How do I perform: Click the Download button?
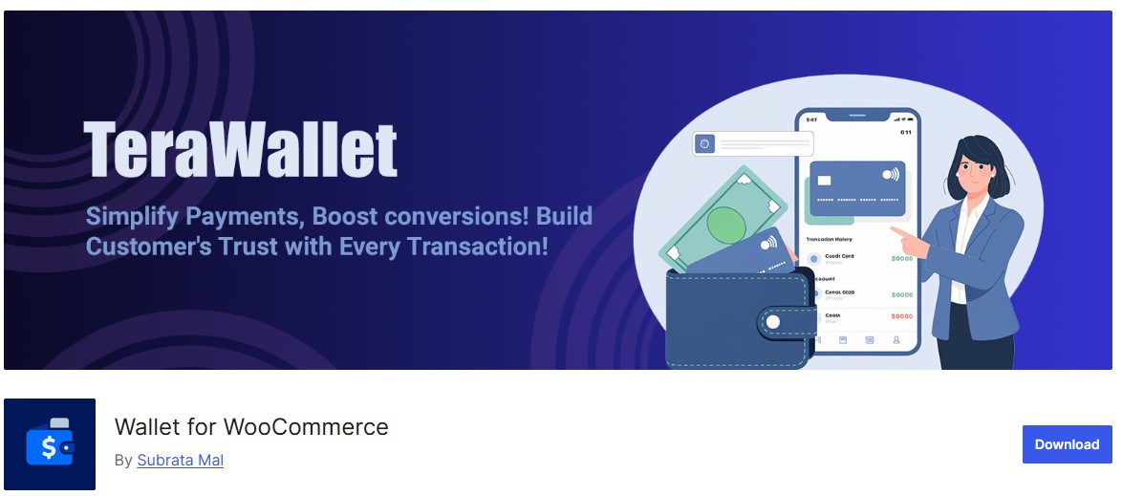[x=1067, y=444]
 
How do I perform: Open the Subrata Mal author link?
[x=180, y=461]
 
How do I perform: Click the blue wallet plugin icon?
[x=50, y=444]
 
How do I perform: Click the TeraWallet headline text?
[x=240, y=149]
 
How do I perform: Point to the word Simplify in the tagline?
[x=129, y=216]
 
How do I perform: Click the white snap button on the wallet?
[x=772, y=321]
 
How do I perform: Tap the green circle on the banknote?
[x=726, y=226]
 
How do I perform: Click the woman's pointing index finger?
[x=896, y=230]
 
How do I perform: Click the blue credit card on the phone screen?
[x=855, y=188]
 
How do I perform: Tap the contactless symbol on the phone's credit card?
[x=890, y=175]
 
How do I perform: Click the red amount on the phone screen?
[x=901, y=316]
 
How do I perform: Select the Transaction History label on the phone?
[x=829, y=239]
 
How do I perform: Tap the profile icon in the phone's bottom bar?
[x=896, y=340]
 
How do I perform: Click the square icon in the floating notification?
[x=705, y=144]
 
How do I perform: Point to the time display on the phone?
[x=811, y=120]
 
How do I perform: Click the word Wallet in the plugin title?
[x=144, y=427]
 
